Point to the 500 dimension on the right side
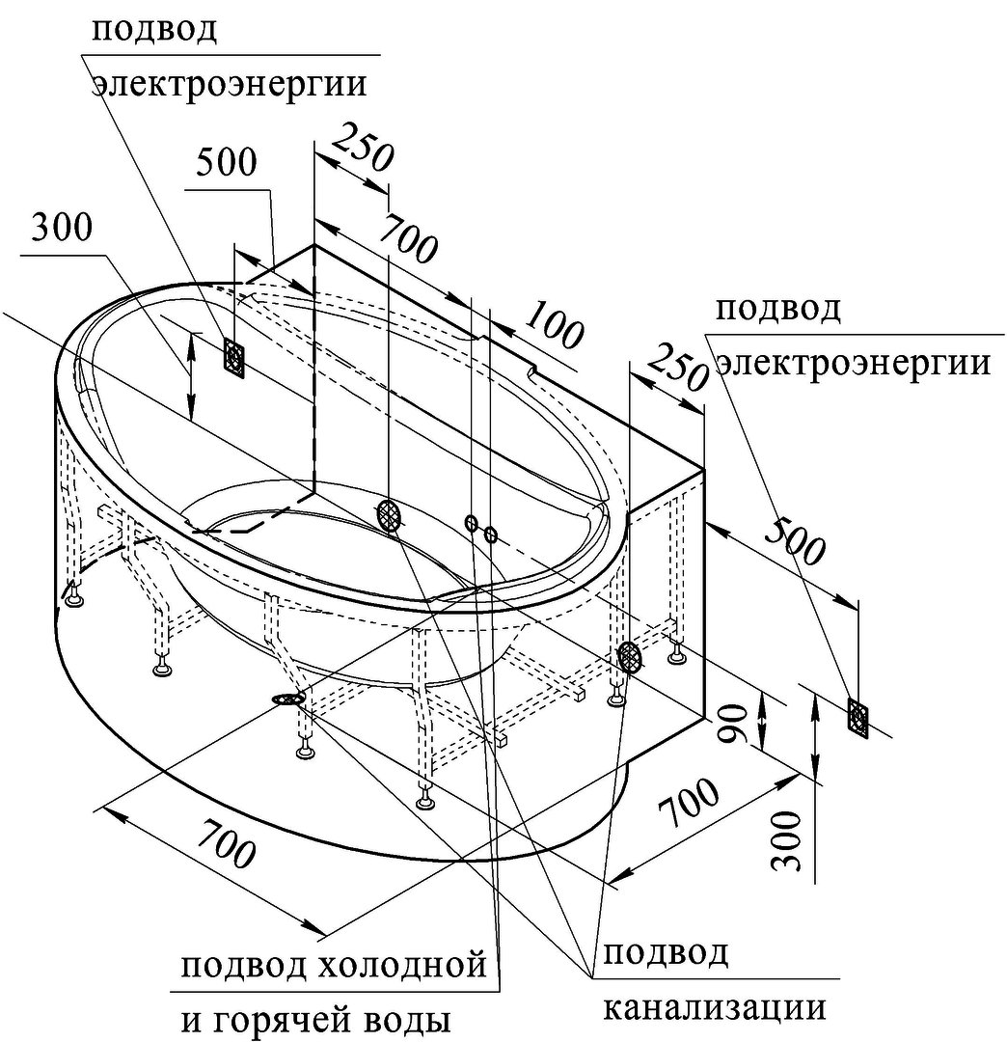tap(795, 540)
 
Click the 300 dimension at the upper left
tap(62, 228)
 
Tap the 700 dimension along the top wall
tap(407, 237)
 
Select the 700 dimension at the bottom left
tap(226, 843)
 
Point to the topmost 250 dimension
tap(363, 146)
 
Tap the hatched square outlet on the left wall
tap(234, 358)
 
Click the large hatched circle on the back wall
tap(390, 514)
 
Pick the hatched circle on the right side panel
tap(630, 657)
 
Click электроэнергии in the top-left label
tap(230, 84)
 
